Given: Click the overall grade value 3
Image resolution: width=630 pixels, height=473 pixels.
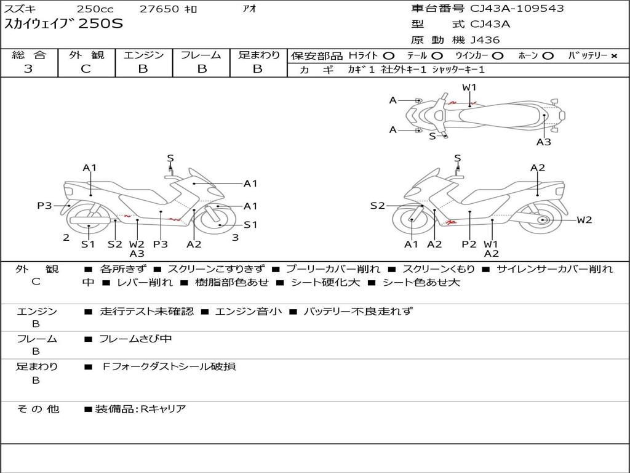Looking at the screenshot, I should pos(28,69).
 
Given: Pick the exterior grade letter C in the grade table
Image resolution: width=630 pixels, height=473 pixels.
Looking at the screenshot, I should pos(86,69).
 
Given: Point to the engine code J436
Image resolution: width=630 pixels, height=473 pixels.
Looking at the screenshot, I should pos(485,40).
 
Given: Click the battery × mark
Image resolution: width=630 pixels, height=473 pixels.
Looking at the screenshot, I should pos(613,56).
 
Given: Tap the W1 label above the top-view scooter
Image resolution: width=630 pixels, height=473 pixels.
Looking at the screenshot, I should pos(469,87).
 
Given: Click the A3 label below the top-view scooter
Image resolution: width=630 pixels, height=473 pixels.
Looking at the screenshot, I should pos(543,142).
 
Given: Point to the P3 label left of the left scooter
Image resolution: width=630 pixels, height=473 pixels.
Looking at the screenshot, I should pos(44,206).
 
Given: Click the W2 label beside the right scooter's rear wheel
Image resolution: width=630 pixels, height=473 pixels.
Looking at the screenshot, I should pos(584,220).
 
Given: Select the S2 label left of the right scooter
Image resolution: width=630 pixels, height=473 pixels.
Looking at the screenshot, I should pos(377,206).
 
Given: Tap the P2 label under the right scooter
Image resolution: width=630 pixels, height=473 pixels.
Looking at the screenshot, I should pos(469,245).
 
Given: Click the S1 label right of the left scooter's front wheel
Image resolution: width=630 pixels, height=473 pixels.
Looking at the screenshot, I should pos(250,225).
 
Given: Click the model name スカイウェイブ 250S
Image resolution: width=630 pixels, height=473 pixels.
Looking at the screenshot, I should pos(64,25).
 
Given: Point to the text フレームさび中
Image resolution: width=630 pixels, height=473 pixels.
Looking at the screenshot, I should pos(135,339).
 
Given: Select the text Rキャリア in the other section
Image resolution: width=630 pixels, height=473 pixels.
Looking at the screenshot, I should pos(163,408).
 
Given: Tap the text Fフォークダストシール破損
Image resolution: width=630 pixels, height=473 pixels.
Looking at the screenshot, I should pos(169,366).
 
